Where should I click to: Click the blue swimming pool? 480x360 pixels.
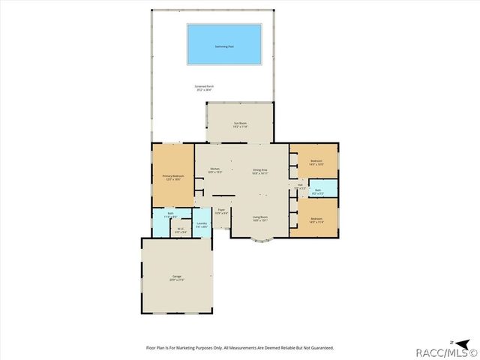pos(224,46)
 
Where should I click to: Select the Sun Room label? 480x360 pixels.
pos(240,124)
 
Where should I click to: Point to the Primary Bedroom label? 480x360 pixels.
pos(173,177)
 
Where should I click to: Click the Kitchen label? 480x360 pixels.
pos(214,170)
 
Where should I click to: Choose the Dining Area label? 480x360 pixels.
pos(260,170)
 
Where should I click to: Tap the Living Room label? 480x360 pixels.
pos(260,219)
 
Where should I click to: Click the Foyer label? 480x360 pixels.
pos(221,211)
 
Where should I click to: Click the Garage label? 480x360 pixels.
pos(177,278)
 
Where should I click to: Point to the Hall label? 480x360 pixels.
pos(300,186)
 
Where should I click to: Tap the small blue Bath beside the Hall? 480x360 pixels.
pos(318,191)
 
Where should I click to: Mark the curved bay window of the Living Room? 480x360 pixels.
pos(260,241)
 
